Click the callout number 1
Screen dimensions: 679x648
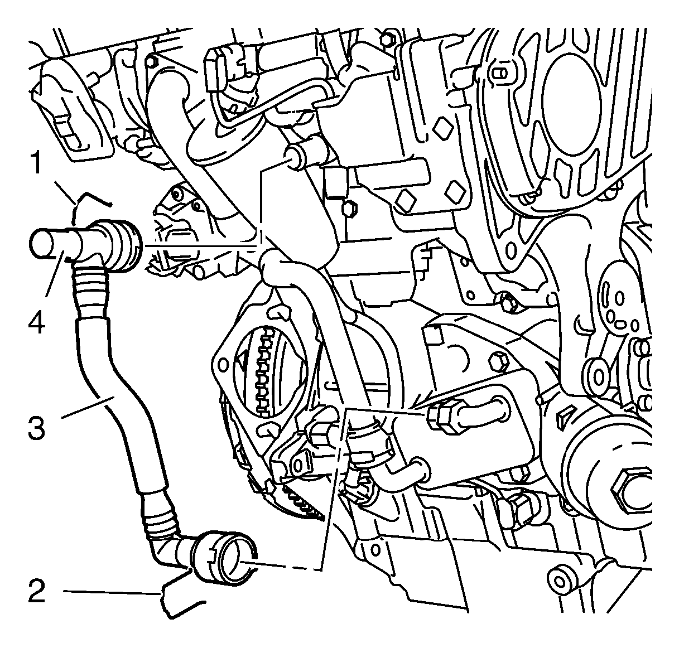[x=37, y=163]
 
